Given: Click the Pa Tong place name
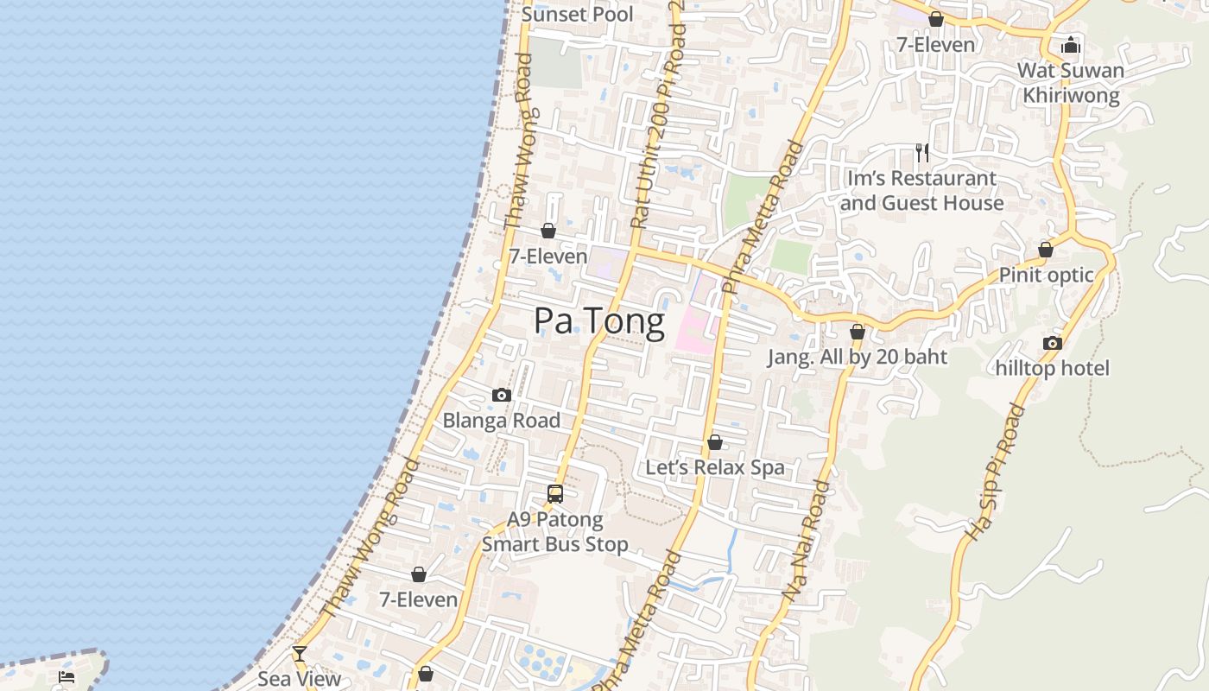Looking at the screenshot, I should [599, 321].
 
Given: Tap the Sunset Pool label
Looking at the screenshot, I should [578, 15].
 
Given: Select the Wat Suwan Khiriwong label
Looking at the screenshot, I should [1071, 83].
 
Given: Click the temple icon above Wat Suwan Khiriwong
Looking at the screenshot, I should [1071, 45].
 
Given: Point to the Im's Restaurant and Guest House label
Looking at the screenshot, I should [921, 191].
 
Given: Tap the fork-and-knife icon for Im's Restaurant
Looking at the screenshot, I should [922, 153].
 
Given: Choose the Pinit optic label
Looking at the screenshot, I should [1046, 276].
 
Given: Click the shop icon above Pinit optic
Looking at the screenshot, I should [1046, 250].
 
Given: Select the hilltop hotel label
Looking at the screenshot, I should [1052, 369].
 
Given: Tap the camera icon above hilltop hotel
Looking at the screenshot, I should [1052, 344].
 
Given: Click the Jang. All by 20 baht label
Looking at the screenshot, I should [858, 358].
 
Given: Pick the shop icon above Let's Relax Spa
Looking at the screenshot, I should [715, 443].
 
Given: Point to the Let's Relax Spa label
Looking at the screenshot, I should [715, 468].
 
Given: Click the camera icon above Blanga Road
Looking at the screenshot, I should [502, 396].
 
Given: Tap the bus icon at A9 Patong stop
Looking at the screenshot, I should [555, 494].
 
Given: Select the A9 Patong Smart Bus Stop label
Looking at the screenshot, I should [554, 532].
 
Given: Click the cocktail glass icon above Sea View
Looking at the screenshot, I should [299, 654].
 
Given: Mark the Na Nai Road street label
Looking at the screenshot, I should [807, 541].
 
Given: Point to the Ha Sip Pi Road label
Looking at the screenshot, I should [996, 472].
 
